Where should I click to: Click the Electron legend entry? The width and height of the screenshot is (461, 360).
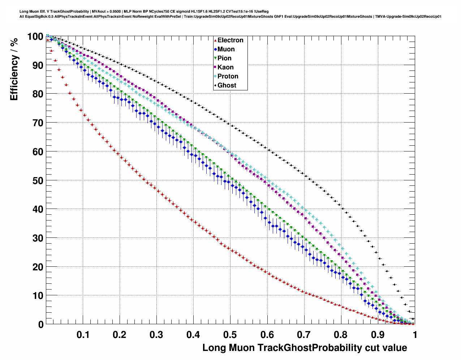(x=230, y=40)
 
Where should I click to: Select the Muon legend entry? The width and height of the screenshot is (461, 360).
(x=226, y=49)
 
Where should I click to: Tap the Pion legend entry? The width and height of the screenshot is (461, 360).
(x=224, y=58)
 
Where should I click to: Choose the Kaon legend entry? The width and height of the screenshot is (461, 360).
(x=225, y=67)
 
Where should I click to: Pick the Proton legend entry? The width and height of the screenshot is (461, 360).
(x=228, y=76)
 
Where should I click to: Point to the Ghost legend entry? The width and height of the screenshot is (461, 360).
(x=227, y=85)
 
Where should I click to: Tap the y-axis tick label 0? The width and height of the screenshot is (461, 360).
(x=41, y=325)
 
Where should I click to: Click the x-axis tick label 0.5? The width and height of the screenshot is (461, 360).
(x=230, y=335)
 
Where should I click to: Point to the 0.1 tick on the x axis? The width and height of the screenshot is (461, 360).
(x=83, y=335)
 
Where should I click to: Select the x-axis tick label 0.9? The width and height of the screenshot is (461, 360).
(x=378, y=335)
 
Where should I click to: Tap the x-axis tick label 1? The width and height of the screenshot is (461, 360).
(x=415, y=335)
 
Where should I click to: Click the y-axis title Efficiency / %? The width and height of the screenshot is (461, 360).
(x=14, y=69)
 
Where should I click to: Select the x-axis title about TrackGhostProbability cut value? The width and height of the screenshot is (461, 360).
(x=305, y=348)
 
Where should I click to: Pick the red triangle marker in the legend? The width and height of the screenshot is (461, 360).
(x=215, y=40)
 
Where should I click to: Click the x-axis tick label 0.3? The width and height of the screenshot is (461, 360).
(x=156, y=335)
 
